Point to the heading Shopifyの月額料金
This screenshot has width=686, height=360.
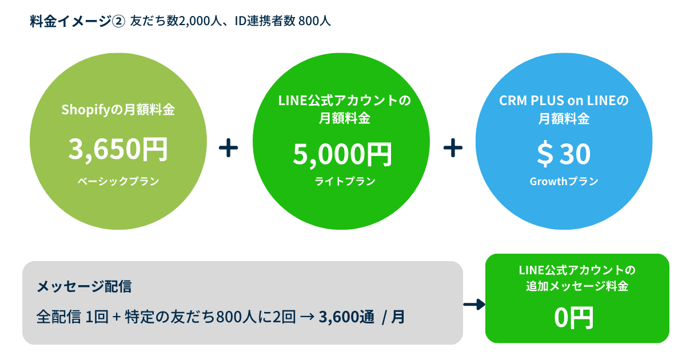coord(118,109)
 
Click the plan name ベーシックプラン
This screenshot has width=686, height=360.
coord(118,182)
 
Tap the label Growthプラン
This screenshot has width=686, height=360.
coord(564,182)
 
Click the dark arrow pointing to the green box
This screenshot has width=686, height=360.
coord(473,305)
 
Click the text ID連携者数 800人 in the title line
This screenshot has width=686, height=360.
coord(282,22)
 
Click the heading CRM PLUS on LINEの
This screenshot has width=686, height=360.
coord(564,101)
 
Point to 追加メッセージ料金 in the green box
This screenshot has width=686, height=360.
coord(577,287)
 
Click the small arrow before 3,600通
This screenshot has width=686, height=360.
coord(306,316)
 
